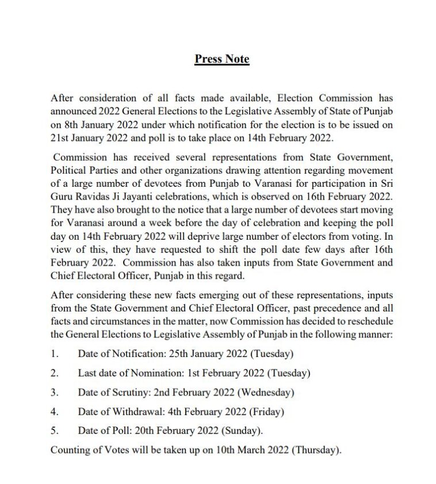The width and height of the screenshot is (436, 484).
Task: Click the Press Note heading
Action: (221, 59)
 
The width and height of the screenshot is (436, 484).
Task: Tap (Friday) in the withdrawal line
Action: (267, 412)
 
